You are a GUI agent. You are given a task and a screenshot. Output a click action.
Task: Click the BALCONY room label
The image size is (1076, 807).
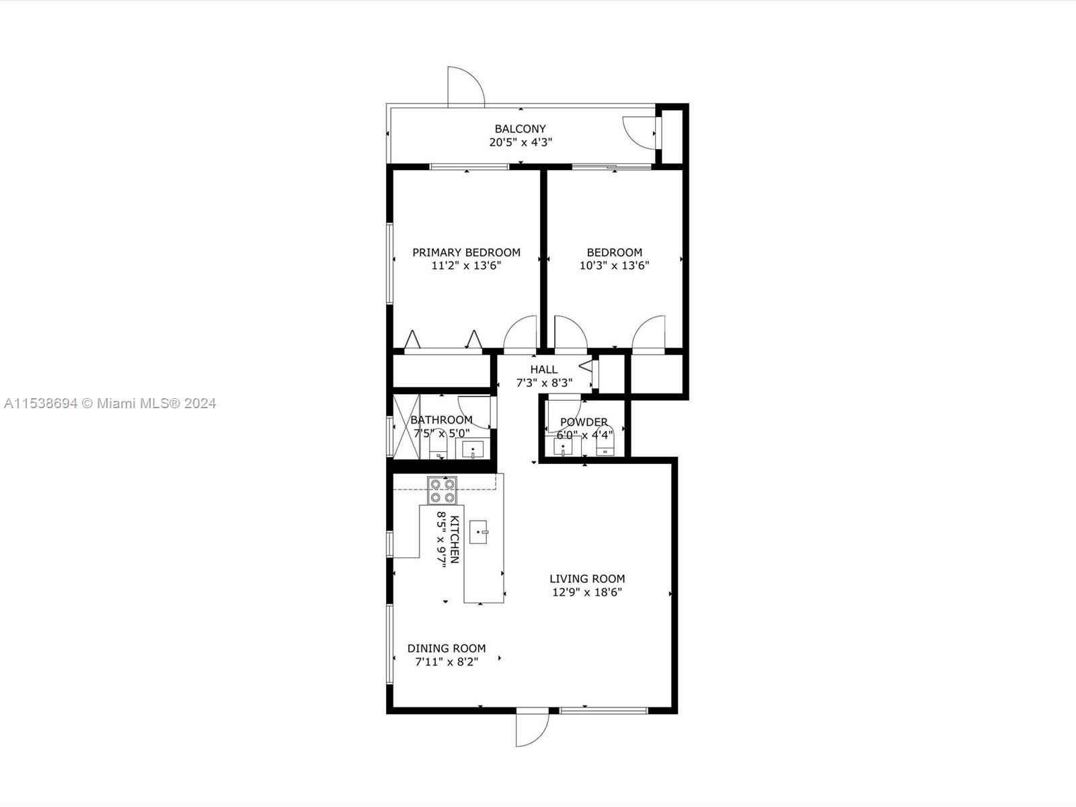(520, 129)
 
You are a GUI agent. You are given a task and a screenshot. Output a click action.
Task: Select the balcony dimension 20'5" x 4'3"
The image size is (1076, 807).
(521, 142)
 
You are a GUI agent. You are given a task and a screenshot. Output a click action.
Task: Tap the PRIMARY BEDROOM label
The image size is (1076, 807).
(466, 252)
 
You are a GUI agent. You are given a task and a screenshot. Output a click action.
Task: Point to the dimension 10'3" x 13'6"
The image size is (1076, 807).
(614, 266)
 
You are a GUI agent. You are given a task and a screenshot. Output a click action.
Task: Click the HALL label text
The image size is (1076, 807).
(543, 369)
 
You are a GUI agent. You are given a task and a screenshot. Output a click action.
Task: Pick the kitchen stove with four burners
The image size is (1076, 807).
(442, 490)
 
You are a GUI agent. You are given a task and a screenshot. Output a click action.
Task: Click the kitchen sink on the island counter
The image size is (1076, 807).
(479, 532)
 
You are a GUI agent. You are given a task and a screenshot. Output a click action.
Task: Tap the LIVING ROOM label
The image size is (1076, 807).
(587, 578)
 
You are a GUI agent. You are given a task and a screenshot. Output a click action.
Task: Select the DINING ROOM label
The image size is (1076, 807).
(447, 648)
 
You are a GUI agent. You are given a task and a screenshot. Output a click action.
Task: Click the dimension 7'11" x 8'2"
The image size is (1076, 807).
(447, 662)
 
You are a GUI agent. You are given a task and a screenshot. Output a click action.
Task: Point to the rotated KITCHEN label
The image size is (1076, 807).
(455, 539)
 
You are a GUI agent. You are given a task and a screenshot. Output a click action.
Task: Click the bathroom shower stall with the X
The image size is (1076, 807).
(407, 427)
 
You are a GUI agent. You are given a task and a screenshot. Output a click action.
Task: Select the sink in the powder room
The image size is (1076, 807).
(563, 447)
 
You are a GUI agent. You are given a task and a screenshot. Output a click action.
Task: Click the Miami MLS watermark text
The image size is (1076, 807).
(110, 403)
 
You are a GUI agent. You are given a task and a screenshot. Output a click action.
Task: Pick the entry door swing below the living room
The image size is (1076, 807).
(533, 730)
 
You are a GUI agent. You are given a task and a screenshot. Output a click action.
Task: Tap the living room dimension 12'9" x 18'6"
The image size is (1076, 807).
(587, 592)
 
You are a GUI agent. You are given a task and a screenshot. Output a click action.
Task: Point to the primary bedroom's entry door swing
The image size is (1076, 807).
(521, 333)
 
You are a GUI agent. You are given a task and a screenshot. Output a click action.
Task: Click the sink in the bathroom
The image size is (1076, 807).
(473, 449)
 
